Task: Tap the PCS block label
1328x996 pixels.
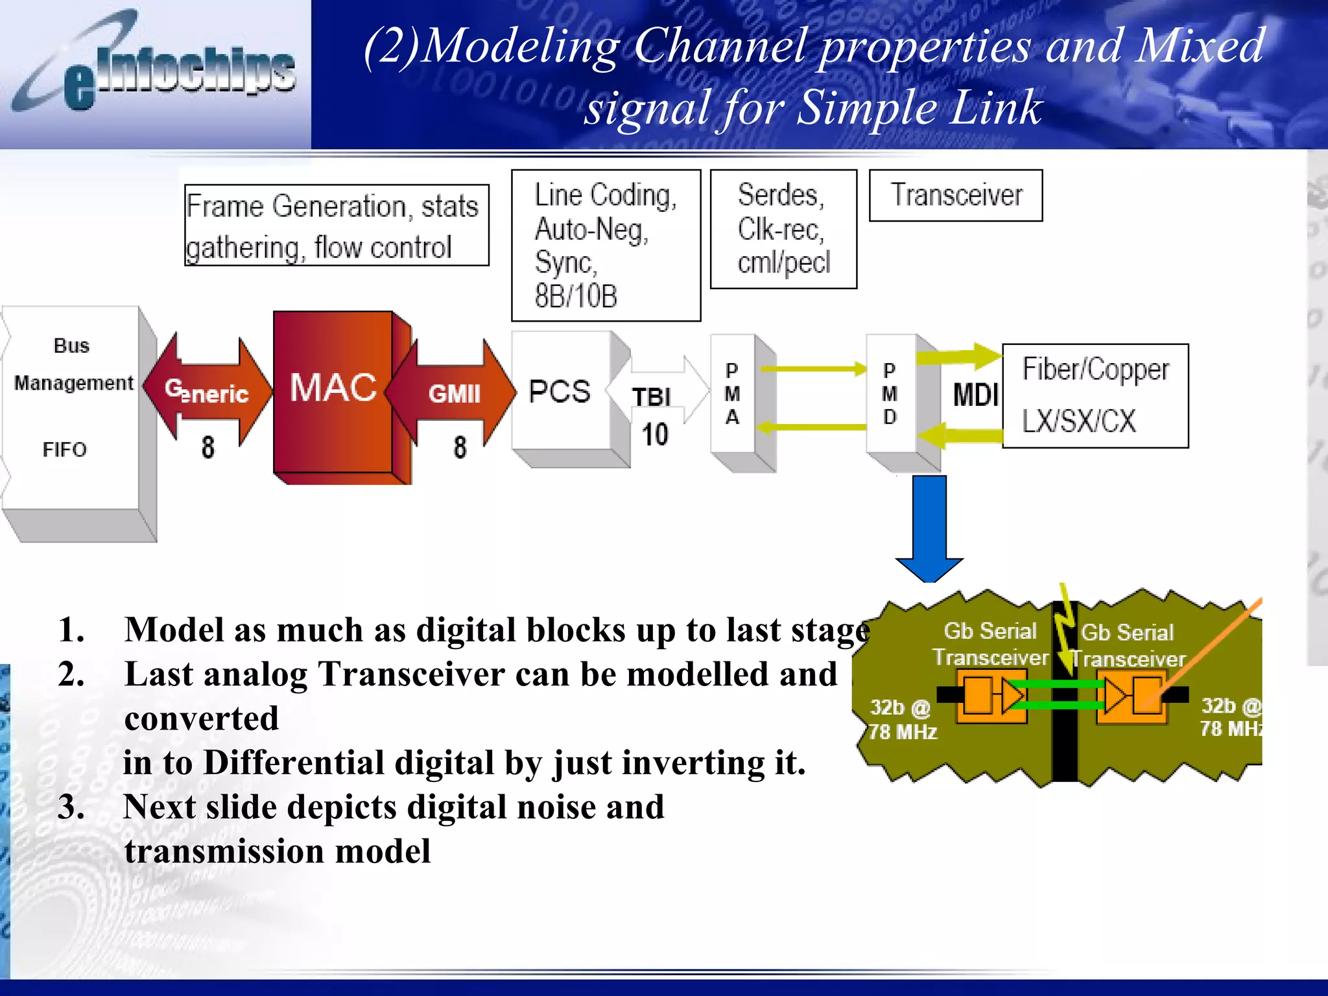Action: point(559,392)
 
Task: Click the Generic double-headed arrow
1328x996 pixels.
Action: point(207,392)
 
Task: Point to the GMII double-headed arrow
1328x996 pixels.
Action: point(454,393)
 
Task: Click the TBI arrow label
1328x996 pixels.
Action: point(651,397)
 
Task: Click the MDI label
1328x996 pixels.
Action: point(975,395)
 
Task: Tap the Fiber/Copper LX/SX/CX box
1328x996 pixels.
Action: point(1095,396)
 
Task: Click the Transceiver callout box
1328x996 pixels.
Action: point(955,195)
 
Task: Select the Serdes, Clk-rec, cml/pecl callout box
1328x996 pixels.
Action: point(783,229)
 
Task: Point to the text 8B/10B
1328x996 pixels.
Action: point(576,296)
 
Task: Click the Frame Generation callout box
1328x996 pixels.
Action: point(336,226)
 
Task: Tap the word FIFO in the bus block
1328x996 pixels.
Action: point(64,449)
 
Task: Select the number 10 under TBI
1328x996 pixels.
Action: point(655,434)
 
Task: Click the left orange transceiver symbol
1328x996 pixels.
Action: point(991,695)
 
